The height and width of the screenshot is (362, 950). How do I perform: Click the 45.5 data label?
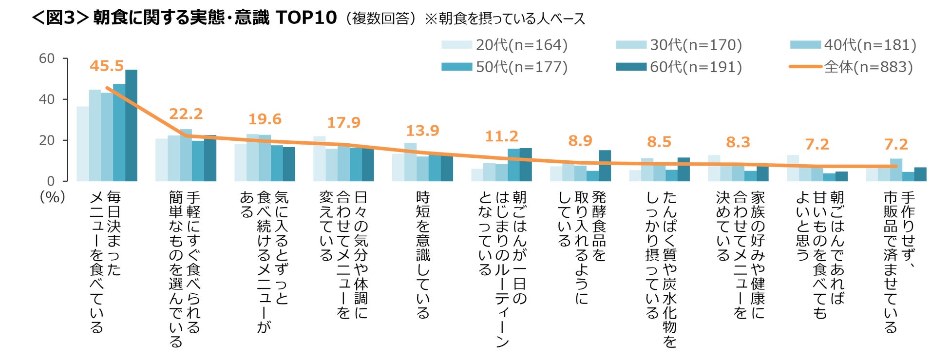106,66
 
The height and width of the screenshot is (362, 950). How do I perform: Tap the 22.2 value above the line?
186,114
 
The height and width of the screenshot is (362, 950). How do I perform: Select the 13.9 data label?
422,131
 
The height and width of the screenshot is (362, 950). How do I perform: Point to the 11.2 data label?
501,136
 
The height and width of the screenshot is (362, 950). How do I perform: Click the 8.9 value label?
580,141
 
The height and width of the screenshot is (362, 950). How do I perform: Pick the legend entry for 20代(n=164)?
505,45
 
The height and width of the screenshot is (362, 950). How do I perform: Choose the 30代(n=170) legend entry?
679,45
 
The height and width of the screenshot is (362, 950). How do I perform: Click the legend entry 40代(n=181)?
854,45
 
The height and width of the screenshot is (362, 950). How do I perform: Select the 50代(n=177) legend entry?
505,67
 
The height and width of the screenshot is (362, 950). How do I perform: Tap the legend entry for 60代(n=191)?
679,67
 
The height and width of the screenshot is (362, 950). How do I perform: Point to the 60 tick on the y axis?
47,58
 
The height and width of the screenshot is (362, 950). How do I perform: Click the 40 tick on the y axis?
47,99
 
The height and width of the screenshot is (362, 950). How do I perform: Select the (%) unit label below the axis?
52,197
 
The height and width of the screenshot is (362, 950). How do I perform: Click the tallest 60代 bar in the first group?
131,126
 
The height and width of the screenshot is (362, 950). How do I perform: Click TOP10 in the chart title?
306,18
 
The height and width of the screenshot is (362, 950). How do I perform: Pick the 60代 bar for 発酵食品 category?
605,166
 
